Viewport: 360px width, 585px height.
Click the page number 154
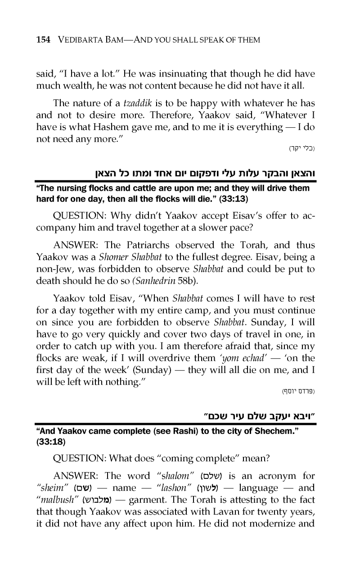click(x=43, y=40)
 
